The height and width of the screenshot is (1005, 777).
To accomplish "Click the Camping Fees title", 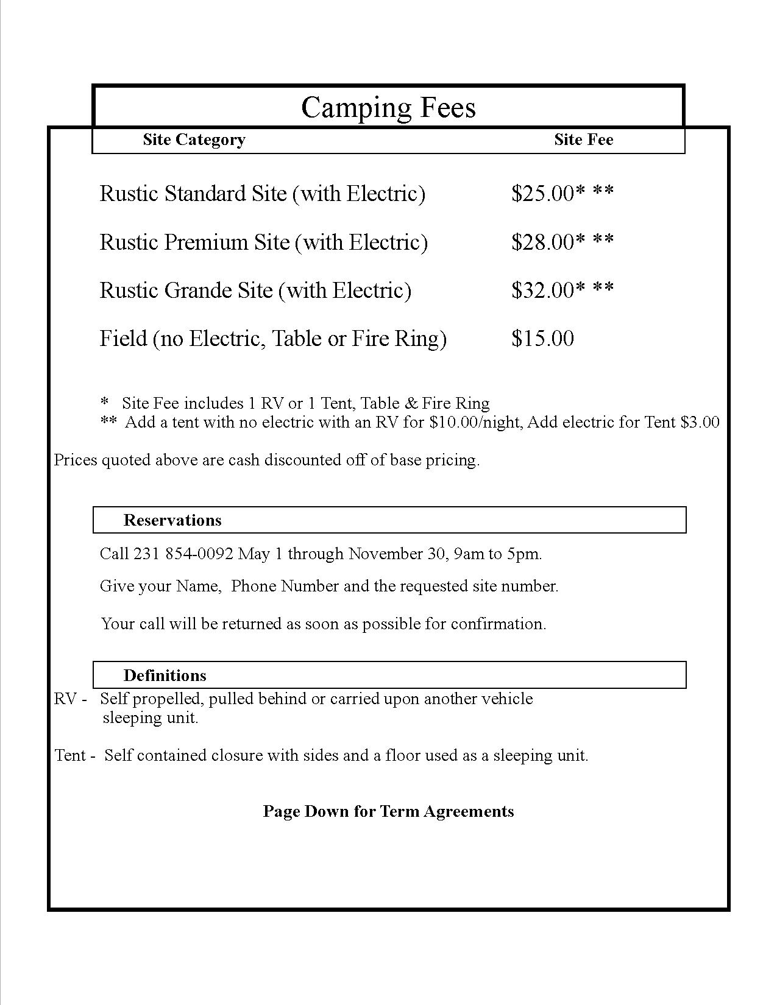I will point(388,108).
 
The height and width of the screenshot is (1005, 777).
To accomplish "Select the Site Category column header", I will point(194,139).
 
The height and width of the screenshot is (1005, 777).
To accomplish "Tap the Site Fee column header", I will point(583,139).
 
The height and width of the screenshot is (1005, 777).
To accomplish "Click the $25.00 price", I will point(542,194).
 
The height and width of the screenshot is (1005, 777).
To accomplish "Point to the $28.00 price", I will point(542,242).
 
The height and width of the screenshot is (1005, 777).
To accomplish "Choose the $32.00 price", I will point(542,290).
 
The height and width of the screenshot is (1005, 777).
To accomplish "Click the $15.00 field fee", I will point(542,338).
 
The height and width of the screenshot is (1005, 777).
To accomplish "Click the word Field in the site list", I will point(123,338).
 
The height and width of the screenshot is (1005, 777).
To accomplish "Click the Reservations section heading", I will point(172,520).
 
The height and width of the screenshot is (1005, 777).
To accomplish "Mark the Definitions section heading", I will point(165,675).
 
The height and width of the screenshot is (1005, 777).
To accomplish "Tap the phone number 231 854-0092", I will point(183,554).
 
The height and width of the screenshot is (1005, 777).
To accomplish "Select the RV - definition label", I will point(70,699).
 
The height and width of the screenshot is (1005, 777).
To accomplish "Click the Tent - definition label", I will point(75,755).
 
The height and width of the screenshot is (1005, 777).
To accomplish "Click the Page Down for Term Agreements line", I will point(388,811).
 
